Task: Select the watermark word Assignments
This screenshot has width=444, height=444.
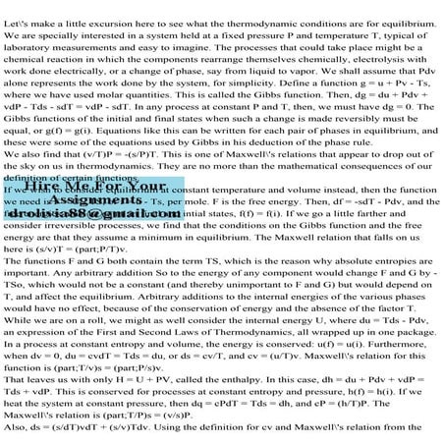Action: pyautogui.click(x=83, y=225)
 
